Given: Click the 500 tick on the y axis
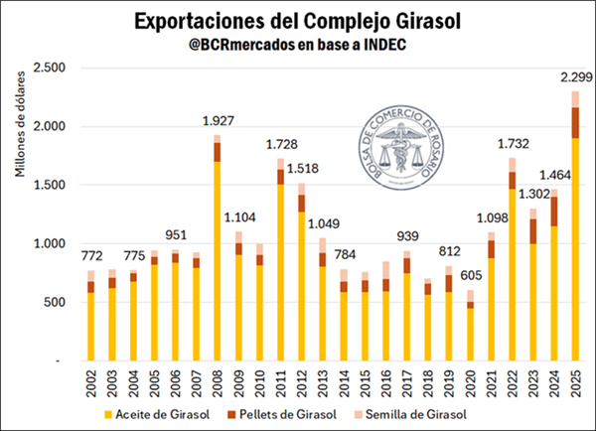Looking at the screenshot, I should pyautogui.click(x=56, y=302).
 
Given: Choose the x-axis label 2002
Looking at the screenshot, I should pyautogui.click(x=89, y=383).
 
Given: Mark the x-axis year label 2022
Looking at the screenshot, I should pyautogui.click(x=511, y=383).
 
